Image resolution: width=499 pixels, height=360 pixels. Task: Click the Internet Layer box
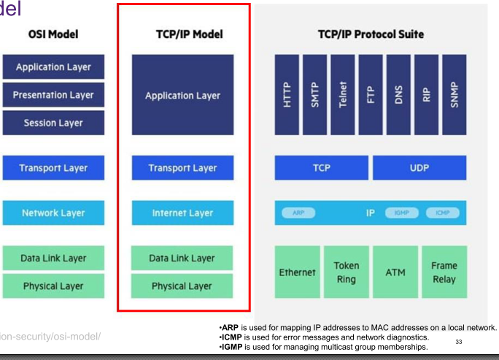pyautogui.click(x=182, y=213)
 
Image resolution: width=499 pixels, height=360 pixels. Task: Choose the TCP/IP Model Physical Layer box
pyautogui.click(x=182, y=286)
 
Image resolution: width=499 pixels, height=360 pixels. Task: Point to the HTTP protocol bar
pyautogui.click(x=287, y=94)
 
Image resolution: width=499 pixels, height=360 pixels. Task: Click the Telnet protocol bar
pyautogui.click(x=343, y=94)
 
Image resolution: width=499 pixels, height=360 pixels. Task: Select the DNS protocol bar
pyautogui.click(x=398, y=94)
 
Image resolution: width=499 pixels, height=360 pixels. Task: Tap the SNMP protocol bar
pyautogui.click(x=454, y=94)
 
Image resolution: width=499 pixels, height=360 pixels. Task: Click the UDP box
pyautogui.click(x=419, y=168)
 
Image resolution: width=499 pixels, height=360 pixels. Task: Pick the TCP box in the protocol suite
pyautogui.click(x=321, y=168)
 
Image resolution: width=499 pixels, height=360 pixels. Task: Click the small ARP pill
pyautogui.click(x=298, y=212)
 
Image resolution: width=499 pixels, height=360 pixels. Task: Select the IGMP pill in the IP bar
pyautogui.click(x=401, y=212)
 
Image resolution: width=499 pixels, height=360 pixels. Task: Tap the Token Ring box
pyautogui.click(x=346, y=272)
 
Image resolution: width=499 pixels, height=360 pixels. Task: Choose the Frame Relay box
pyautogui.click(x=444, y=272)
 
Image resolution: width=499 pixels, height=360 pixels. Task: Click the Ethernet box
pyautogui.click(x=297, y=272)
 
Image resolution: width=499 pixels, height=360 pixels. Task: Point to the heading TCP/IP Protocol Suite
pyautogui.click(x=371, y=34)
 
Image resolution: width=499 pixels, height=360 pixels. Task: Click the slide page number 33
pyautogui.click(x=459, y=340)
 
